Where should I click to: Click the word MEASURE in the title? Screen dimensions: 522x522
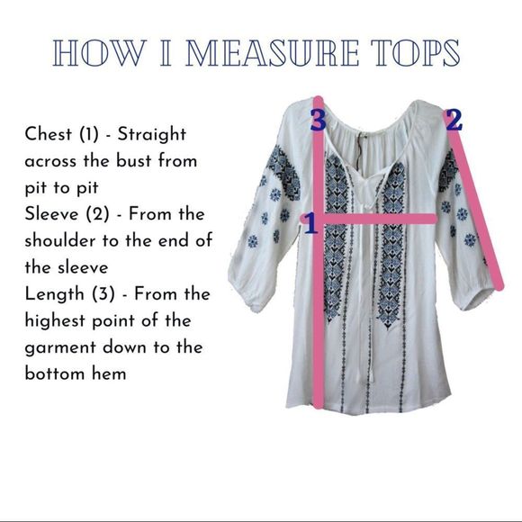point(272,53)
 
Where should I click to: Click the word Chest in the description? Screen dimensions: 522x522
point(49,134)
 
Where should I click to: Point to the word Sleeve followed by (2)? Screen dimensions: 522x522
point(51,213)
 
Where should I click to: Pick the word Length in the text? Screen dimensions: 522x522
point(54,295)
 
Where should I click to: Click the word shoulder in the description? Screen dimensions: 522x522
point(60,240)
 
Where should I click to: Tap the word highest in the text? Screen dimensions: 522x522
point(55,321)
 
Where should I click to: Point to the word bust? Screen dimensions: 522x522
point(133,161)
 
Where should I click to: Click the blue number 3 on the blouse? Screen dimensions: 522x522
point(318,120)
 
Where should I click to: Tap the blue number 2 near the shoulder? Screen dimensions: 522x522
point(454,120)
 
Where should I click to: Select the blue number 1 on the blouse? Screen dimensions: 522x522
point(311,223)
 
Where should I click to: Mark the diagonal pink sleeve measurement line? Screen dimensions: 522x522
point(476,209)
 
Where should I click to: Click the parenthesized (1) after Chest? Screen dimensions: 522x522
point(89,134)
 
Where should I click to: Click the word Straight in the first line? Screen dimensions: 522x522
point(152,135)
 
